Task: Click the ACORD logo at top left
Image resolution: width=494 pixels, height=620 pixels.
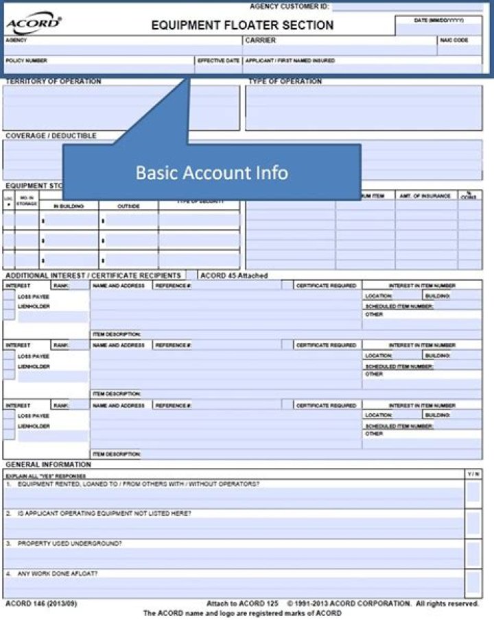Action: pos(33,25)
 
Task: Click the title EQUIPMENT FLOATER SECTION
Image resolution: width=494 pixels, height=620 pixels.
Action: pos(242,25)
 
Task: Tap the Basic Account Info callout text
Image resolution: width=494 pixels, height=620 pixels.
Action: pos(211,172)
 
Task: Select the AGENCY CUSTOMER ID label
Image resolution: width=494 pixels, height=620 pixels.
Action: pos(289,6)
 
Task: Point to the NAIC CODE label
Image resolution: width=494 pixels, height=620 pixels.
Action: pos(454,40)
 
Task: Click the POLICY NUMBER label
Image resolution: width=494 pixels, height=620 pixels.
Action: pos(27,60)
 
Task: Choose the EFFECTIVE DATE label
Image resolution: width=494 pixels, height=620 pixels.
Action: pos(219,60)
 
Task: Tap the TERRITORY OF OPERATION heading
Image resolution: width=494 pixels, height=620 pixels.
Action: pos(54,82)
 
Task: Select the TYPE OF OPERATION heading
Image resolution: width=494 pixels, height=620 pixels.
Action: pos(285,82)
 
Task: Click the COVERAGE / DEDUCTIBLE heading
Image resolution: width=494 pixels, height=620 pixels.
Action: pos(51,136)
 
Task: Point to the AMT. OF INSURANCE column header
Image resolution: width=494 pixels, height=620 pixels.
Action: pos(425,196)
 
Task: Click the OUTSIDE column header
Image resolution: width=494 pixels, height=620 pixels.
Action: pos(128,206)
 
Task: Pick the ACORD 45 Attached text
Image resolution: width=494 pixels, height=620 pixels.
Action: pos(234,275)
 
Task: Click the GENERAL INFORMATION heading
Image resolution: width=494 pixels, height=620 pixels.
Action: pos(48,464)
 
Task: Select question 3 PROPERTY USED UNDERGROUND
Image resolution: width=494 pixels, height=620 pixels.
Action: pos(69,543)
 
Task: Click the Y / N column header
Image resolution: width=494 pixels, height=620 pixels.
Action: pos(473,474)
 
